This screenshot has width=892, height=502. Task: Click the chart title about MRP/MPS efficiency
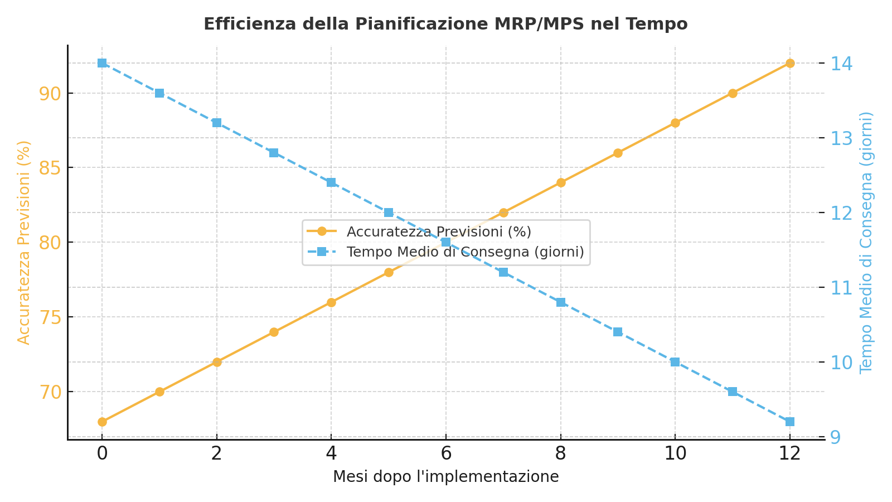445,25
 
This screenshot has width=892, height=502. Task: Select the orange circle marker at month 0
102,422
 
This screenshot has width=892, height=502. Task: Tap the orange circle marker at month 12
789,63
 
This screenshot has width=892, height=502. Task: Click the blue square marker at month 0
102,63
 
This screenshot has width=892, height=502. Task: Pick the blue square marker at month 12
789,422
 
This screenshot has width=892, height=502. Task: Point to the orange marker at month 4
331,302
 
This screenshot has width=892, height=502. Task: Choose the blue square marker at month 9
618,332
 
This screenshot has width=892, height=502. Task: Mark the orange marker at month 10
675,123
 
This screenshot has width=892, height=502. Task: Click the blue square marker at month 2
217,123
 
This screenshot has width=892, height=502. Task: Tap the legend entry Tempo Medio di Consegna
465,252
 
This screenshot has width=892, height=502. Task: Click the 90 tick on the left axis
50,93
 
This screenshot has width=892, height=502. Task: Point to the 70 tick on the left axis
50,392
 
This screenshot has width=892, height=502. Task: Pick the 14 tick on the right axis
841,64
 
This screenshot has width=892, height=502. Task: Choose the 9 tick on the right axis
836,437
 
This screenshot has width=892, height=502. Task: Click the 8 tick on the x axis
561,453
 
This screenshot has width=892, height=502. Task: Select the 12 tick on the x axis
789,453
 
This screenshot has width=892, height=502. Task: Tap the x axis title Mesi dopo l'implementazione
445,477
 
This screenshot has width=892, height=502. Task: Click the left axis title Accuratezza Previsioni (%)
24,242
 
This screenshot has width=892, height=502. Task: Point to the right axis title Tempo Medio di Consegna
866,242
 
